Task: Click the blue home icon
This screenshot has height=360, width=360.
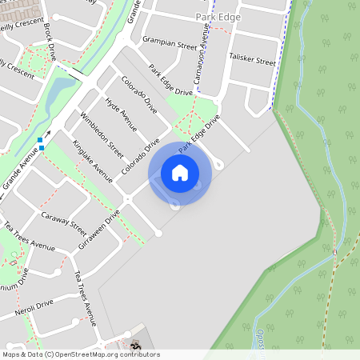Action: click(x=180, y=173)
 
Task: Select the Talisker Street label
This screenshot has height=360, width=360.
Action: click(x=252, y=58)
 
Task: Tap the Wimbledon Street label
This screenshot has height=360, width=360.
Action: click(x=105, y=138)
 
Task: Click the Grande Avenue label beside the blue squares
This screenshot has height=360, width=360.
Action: click(x=21, y=171)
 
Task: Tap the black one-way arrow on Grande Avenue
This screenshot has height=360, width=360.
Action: click(x=48, y=134)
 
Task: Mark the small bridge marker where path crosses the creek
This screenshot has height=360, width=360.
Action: click(x=335, y=252)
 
